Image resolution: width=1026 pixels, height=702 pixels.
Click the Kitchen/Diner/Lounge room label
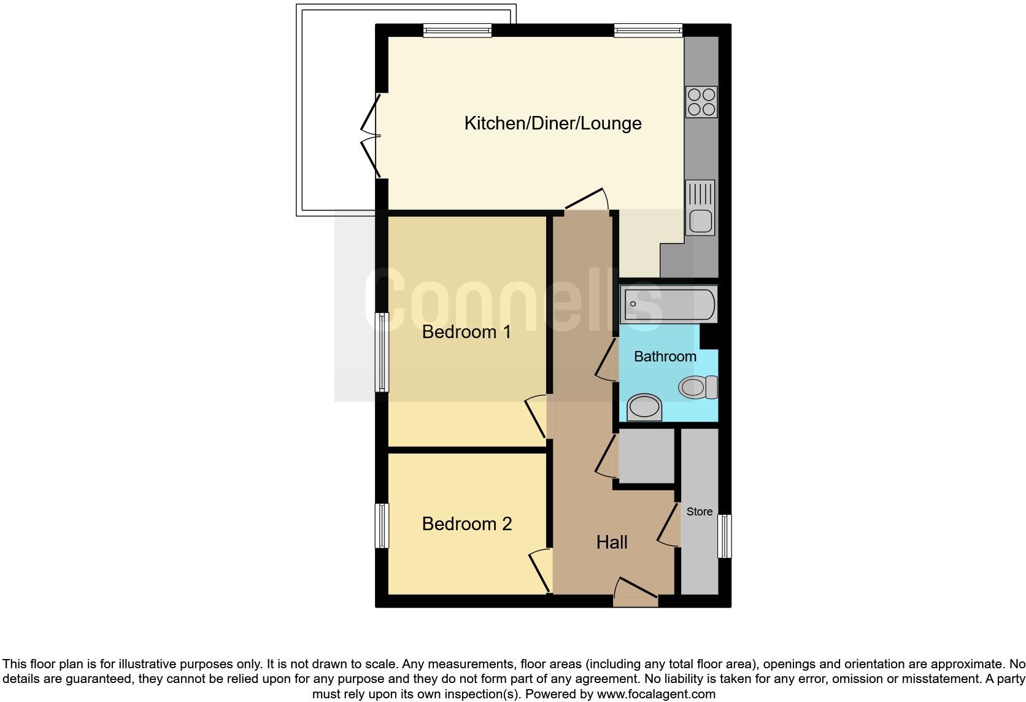pyautogui.click(x=552, y=123)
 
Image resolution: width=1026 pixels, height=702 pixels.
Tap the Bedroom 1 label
pyautogui.click(x=466, y=332)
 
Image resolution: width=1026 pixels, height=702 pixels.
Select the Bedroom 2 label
pyautogui.click(x=466, y=524)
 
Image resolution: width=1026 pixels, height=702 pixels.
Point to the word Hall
pyautogui.click(x=612, y=542)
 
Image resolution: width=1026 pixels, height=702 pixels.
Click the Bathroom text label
pyautogui.click(x=665, y=357)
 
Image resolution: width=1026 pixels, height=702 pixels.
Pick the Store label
pyautogui.click(x=699, y=512)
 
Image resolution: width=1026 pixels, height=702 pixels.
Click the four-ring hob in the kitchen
pyautogui.click(x=701, y=102)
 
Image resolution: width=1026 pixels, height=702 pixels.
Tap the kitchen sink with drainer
pyautogui.click(x=700, y=207)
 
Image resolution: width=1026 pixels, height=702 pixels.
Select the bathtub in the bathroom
pyautogui.click(x=668, y=304)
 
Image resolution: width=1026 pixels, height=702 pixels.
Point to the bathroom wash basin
pyautogui.click(x=644, y=407)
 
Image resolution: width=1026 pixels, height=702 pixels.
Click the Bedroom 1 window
pyautogui.click(x=382, y=352)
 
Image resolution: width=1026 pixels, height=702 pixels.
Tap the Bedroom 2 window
pyautogui.click(x=382, y=526)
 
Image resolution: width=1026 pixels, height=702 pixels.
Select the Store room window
pyautogui.click(x=725, y=536)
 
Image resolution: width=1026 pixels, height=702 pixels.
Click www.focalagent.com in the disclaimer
pyautogui.click(x=655, y=694)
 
